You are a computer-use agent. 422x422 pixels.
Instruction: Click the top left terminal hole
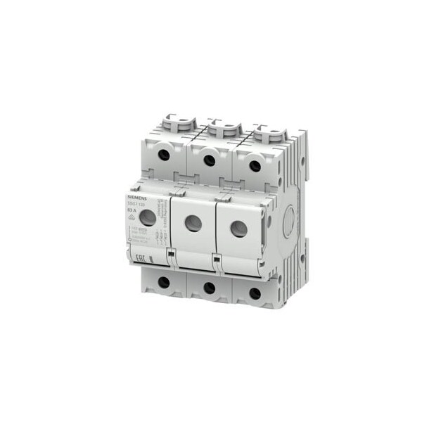(x=163, y=155)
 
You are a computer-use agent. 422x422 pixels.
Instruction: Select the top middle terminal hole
(x=209, y=160)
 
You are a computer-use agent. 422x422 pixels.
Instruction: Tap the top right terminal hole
(x=255, y=166)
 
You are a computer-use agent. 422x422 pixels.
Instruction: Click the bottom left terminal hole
(x=163, y=282)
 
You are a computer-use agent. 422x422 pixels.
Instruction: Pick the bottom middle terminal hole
(x=209, y=288)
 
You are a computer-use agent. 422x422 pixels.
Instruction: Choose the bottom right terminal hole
(x=255, y=293)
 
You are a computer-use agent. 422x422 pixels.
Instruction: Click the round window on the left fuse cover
(x=148, y=219)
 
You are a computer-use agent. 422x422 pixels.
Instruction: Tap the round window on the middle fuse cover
(x=193, y=224)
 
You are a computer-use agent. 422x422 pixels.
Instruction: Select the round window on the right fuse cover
(x=238, y=229)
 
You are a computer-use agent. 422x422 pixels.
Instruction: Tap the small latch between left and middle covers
(x=170, y=253)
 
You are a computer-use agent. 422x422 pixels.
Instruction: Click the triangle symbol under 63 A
(x=132, y=217)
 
